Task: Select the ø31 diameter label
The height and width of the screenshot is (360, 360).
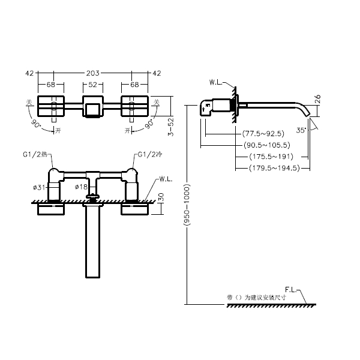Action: point(39,187)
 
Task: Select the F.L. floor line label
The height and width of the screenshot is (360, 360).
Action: point(293,289)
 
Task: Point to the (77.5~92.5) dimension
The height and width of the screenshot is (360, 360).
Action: point(263,133)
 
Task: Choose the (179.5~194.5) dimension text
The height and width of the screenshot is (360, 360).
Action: point(274,169)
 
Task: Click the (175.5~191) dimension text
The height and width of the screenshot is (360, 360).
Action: point(271,157)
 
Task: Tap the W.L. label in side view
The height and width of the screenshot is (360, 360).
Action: point(217,82)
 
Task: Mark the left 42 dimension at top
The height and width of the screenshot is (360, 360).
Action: point(29,73)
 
